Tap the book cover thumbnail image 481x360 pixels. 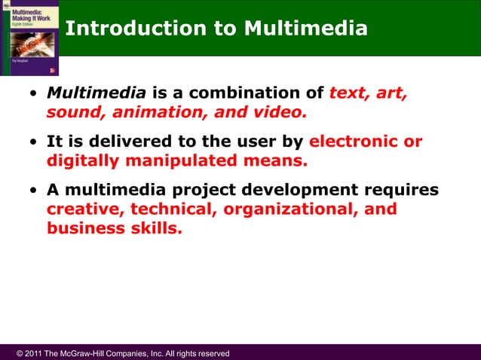click(x=28, y=38)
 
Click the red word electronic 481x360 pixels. click(x=354, y=142)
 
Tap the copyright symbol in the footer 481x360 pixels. click(x=19, y=353)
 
